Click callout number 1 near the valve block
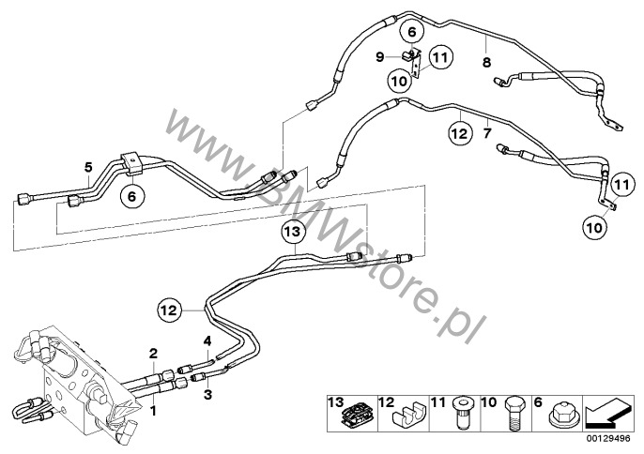coord(153,410)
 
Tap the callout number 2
coord(153,353)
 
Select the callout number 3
coord(207,395)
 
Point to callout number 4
coord(207,340)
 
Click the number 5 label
coord(88,167)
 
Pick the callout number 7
coord(487,133)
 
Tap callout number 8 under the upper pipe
coord(486,63)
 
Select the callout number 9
coord(380,56)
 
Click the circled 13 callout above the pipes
coord(294,232)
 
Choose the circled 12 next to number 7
coord(460,133)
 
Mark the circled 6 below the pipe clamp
coord(131,196)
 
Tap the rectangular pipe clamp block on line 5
coord(132,163)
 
